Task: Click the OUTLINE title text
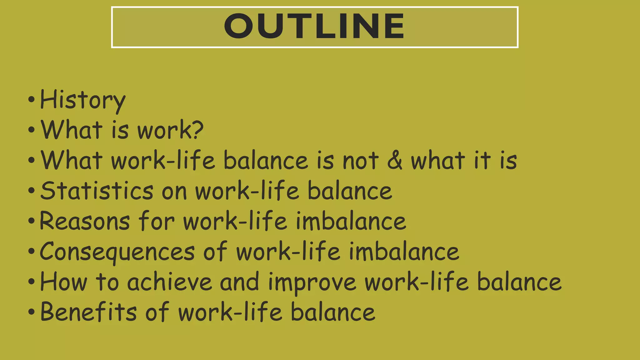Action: [x=314, y=26]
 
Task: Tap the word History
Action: [x=83, y=100]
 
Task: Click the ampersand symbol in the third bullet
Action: [x=395, y=160]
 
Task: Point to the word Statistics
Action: [x=97, y=191]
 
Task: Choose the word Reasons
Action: [x=85, y=221]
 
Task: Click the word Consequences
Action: [x=117, y=252]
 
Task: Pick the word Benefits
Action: [x=89, y=312]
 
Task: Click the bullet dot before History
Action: [x=31, y=100]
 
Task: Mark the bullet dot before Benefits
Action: [x=31, y=312]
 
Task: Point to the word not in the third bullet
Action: [x=361, y=160]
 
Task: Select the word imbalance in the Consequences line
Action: [x=404, y=252]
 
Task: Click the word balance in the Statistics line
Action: [x=350, y=191]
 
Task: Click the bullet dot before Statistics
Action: [x=31, y=191]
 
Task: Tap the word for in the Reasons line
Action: [x=157, y=221]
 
